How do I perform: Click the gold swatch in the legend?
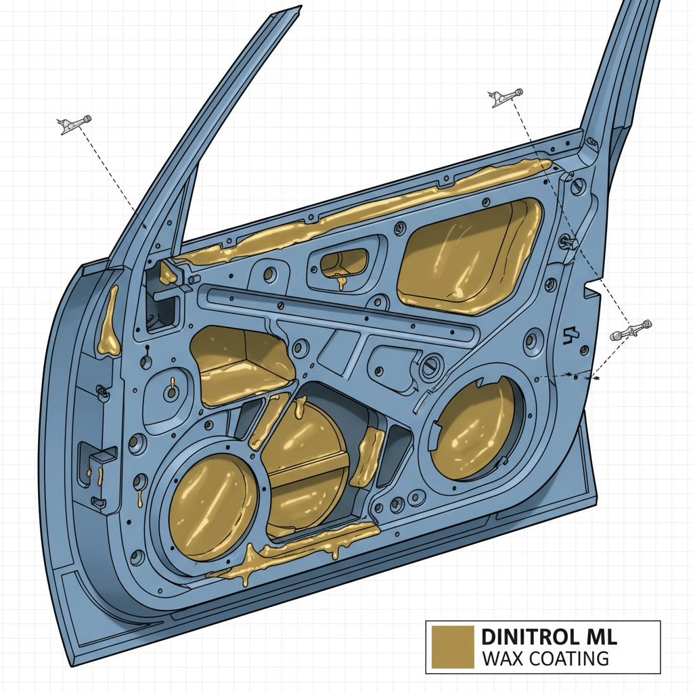click(x=453, y=646)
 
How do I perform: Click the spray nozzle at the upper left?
click(x=74, y=125)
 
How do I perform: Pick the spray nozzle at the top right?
click(x=506, y=97)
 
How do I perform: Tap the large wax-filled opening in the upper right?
click(x=470, y=256)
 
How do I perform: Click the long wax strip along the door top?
click(x=363, y=208)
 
